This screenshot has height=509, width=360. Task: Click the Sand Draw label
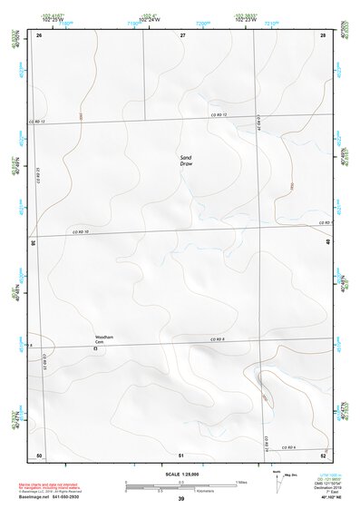point(186,160)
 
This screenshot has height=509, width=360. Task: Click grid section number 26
point(39,34)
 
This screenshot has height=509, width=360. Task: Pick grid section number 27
point(182,34)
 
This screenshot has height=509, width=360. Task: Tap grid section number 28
point(323,34)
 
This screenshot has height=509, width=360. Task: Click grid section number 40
point(328,242)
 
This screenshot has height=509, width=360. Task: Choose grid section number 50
point(39,455)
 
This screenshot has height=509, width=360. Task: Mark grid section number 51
point(181,455)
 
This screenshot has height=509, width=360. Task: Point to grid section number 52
point(323,455)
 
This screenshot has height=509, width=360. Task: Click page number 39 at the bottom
point(180,499)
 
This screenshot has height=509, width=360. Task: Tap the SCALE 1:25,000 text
point(180,474)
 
